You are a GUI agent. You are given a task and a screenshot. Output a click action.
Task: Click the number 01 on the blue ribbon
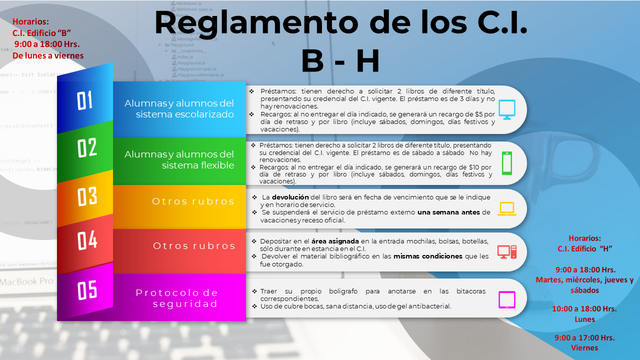[x=84, y=100]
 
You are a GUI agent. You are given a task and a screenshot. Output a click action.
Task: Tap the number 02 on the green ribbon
[x=87, y=147]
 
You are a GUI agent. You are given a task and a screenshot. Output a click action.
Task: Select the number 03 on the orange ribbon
[x=87, y=196]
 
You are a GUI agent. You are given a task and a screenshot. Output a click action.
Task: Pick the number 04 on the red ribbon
[x=87, y=240]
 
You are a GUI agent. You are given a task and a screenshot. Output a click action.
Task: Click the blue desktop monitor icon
[x=507, y=109]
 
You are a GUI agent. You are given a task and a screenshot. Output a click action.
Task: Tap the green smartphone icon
[x=507, y=163]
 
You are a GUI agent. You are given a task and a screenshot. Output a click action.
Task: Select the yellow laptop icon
[x=507, y=208]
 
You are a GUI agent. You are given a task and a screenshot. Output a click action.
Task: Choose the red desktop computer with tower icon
[x=507, y=252]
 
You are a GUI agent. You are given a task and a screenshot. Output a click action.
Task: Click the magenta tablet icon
[x=507, y=299]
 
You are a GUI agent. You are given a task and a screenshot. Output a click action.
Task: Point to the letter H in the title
[x=367, y=60]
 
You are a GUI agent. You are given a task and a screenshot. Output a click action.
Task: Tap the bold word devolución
[x=290, y=197]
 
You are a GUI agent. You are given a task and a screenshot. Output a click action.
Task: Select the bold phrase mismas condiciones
[x=427, y=256]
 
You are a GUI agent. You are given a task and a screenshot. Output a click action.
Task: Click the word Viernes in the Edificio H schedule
[x=584, y=347]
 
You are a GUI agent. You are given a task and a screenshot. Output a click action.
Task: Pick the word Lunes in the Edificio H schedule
[x=584, y=319]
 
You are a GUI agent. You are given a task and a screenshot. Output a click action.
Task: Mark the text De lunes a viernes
[x=48, y=55]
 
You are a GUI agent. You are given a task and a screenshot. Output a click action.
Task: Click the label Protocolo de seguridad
[x=177, y=298]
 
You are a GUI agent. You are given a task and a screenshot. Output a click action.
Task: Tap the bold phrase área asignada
[x=335, y=241]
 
